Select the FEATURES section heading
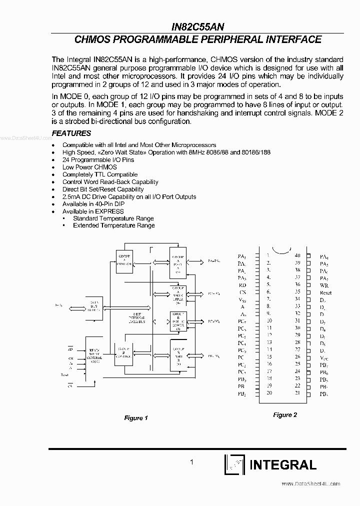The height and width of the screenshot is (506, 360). [x=71, y=133]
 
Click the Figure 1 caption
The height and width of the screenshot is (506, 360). [x=136, y=418]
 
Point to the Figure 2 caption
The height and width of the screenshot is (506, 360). [x=285, y=415]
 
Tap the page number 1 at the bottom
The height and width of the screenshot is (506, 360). [x=192, y=462]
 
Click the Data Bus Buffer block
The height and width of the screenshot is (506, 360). [x=93, y=306]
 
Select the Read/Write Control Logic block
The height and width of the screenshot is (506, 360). [x=94, y=355]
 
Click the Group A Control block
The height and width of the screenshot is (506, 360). [x=124, y=260]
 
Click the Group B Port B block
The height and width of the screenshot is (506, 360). [x=177, y=353]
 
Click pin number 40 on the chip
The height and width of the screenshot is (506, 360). [x=297, y=255]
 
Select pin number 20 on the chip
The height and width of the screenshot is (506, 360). [x=269, y=392]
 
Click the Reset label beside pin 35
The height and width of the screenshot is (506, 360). [x=326, y=292]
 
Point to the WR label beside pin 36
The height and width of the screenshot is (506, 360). [x=323, y=285]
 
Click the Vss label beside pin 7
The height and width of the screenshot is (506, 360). [x=242, y=299]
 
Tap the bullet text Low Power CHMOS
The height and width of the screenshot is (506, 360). [x=89, y=167]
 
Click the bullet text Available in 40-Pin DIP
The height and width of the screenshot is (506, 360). [x=93, y=204]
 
